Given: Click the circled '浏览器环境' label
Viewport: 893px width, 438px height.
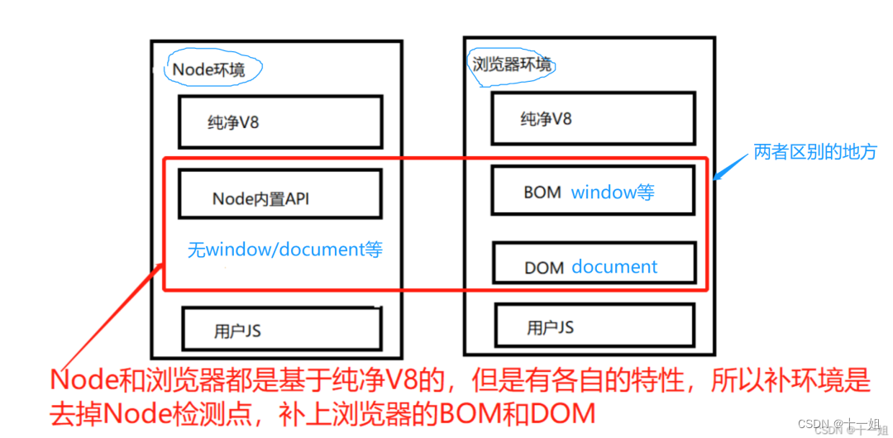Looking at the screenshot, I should tap(512, 64).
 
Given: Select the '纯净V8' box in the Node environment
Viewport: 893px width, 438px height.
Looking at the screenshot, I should tap(280, 122).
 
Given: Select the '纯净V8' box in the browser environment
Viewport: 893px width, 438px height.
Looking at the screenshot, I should tap(592, 119).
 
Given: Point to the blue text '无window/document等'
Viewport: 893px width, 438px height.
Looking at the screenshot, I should tap(285, 250).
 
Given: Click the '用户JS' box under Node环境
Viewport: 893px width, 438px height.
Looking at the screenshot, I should tap(281, 330).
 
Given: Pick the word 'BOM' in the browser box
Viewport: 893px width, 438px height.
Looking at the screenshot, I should tap(542, 193).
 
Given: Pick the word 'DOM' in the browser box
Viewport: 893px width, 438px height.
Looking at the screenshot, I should tap(544, 268).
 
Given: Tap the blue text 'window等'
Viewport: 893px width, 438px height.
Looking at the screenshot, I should tap(613, 193).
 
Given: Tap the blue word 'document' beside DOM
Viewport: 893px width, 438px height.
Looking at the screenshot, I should tap(614, 267).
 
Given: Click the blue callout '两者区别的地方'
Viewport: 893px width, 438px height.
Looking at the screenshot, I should tap(814, 152).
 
